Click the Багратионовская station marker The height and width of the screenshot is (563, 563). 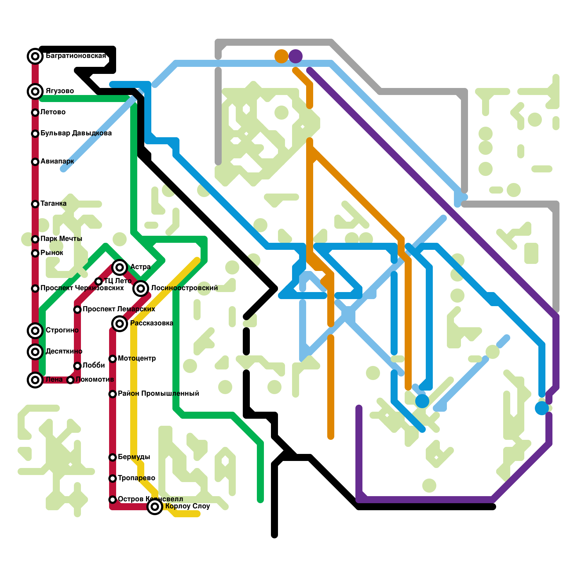(35, 56)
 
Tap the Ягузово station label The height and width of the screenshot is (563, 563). (60, 91)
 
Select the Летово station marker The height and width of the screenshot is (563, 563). (35, 113)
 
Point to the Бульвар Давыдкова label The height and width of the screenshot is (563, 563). (76, 133)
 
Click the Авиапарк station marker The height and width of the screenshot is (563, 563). (35, 162)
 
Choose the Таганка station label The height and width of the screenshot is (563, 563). (53, 204)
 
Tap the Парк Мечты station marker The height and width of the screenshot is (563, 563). (35, 239)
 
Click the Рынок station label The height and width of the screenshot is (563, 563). (52, 253)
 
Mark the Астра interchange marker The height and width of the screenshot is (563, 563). (120, 267)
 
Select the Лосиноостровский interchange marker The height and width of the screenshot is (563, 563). (141, 289)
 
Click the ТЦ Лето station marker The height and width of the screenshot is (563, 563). (99, 281)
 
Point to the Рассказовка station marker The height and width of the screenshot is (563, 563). (120, 323)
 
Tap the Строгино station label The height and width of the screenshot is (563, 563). (62, 330)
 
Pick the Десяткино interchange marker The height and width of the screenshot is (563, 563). (35, 352)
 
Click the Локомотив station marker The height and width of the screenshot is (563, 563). (70, 380)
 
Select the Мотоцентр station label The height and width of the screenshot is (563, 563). (137, 359)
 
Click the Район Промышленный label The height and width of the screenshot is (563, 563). (158, 394)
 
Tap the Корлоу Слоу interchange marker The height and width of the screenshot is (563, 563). (155, 507)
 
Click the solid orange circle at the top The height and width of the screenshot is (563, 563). (281, 56)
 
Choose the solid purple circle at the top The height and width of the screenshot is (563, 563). (296, 56)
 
